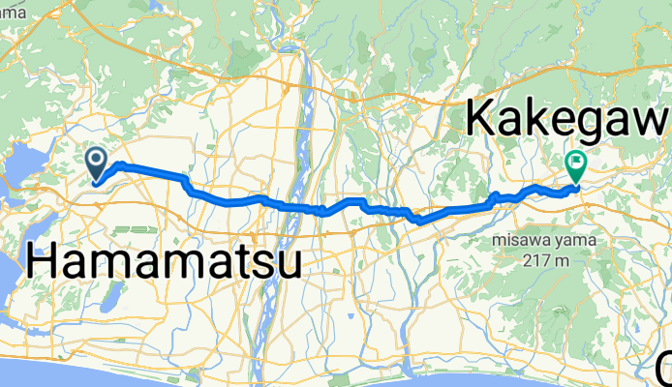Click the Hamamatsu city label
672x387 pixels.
(163, 261)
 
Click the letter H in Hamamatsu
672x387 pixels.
(44, 262)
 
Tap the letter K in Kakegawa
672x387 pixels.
(483, 117)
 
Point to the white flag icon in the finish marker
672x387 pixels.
(576, 161)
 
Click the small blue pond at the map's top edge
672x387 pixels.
(157, 5)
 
